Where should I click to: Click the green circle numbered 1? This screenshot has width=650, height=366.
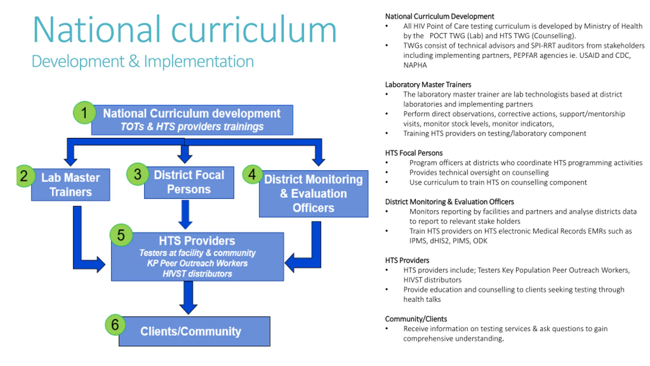pos(84,113)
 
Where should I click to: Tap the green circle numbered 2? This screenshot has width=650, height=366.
pos(24,176)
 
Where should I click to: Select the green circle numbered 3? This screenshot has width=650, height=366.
pos(137,174)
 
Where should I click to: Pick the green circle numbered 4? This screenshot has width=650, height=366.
pos(252,174)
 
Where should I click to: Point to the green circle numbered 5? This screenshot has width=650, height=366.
pos(121,235)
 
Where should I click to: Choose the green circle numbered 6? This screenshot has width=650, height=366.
pos(115,325)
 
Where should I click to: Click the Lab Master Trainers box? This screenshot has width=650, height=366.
pos(71,185)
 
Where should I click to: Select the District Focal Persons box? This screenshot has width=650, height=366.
pos(189,182)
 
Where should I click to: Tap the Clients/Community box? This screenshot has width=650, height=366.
pos(194,331)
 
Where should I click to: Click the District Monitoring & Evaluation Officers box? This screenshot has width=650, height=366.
pos(314,194)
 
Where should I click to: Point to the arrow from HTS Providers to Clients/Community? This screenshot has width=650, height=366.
pos(188,297)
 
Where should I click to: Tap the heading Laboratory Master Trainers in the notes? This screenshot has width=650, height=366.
pos(428,85)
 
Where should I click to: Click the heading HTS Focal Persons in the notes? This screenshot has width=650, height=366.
pos(414,153)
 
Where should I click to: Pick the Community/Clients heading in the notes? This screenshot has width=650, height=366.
pos(416,319)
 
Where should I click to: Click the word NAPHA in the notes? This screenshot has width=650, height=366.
pos(415,65)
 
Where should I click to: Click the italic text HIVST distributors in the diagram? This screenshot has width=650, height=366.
pos(197,274)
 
